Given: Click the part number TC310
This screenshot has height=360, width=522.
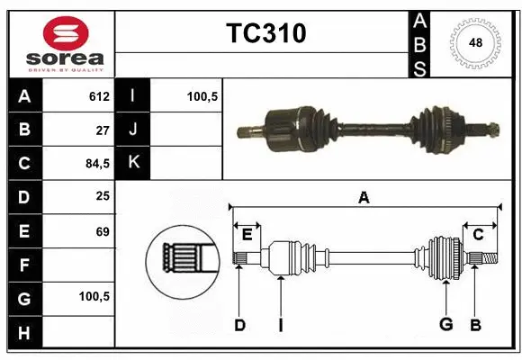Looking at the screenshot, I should pos(265,34).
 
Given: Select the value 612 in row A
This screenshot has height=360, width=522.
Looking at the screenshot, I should pos(99,96).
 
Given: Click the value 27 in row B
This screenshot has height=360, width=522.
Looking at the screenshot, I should pos(103,130).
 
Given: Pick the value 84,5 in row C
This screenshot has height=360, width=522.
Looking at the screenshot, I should pos(96,164).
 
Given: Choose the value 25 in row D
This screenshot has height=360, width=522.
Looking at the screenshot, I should pos(103,197).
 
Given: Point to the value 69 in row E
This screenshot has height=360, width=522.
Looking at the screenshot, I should pos(103,231).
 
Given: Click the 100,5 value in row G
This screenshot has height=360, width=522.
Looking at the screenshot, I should pos(94,296).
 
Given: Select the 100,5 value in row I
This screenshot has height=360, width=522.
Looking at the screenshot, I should pos(202,96).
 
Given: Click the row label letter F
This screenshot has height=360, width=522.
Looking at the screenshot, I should pos(24,265).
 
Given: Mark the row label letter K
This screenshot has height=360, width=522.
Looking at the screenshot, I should pos(133,163).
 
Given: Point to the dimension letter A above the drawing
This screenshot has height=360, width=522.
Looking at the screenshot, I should pos(364,198).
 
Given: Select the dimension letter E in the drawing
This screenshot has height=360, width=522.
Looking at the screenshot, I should pos(247,235).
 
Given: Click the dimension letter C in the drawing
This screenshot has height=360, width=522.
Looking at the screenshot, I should pos(478,235).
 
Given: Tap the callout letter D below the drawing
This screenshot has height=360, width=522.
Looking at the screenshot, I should pos(239,325).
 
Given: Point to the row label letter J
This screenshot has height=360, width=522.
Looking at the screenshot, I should pos(133,130).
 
